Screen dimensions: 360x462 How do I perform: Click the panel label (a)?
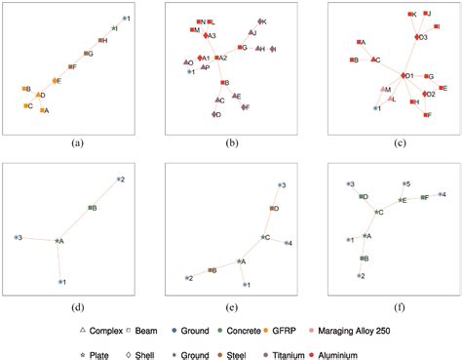click(77, 141)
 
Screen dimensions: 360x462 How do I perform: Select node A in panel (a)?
click(42, 110)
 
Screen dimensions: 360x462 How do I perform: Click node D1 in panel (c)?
click(403, 75)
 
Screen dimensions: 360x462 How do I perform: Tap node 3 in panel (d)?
click(16, 237)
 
